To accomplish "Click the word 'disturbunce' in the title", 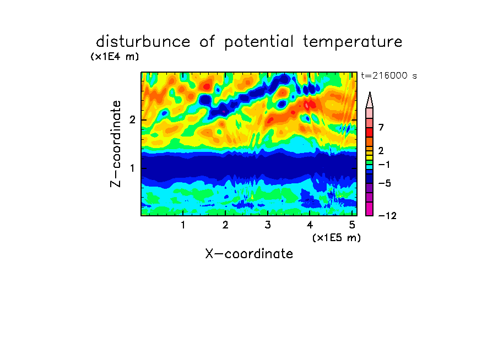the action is tap(143, 42).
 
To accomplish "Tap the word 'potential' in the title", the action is tap(258, 42).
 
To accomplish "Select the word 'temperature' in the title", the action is tap(353, 42).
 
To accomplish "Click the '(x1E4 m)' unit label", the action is tap(115, 57).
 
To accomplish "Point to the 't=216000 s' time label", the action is tap(389, 75).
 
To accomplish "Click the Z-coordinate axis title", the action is tap(116, 144).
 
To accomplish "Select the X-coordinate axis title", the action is tap(249, 254).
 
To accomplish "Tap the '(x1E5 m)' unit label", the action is tap(337, 238).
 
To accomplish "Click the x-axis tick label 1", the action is tap(183, 225).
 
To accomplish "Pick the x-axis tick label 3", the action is tap(268, 225).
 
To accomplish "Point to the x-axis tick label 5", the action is tap(352, 225).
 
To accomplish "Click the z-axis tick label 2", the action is tap(132, 120).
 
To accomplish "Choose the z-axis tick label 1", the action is tap(132, 168).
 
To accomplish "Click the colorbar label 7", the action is tap(381, 128).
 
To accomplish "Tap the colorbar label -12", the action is tap(387, 216).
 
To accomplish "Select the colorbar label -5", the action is tap(385, 183).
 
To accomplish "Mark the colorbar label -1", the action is tap(384, 165).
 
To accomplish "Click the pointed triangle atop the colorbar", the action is tap(370, 100).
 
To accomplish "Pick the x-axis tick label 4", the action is tap(310, 225).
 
